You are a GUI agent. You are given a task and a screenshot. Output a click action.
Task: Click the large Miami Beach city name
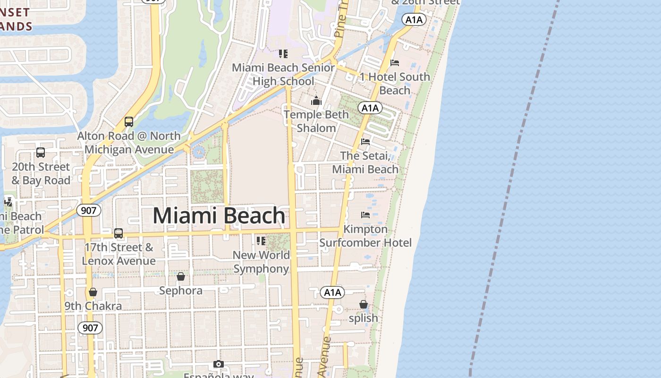tap(219, 216)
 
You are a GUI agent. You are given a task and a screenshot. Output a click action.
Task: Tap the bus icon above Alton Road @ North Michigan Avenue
tap(129, 122)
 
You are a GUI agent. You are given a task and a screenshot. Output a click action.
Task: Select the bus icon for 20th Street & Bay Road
tap(41, 153)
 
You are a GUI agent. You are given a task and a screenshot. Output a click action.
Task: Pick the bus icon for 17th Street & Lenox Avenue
tap(119, 233)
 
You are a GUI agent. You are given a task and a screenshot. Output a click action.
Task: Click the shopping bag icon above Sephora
tap(181, 276)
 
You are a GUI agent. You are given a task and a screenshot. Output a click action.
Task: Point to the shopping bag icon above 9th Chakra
tap(93, 292)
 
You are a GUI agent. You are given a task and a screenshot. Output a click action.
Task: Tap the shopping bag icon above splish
tap(363, 304)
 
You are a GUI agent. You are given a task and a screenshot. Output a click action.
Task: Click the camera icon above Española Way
tap(218, 364)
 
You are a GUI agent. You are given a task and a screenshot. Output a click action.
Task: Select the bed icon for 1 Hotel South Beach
tap(395, 63)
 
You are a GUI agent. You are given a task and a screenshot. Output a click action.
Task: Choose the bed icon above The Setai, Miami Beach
tap(365, 141)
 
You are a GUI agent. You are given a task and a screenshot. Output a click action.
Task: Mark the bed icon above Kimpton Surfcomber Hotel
tap(365, 215)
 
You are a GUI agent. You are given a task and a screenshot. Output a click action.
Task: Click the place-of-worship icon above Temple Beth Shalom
tap(316, 101)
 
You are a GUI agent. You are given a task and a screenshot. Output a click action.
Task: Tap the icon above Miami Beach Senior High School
tap(283, 54)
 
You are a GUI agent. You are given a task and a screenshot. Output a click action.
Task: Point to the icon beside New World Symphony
tap(261, 241)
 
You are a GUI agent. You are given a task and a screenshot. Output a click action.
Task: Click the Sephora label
tap(181, 291)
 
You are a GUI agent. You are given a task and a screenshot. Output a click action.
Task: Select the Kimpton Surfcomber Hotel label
tap(365, 236)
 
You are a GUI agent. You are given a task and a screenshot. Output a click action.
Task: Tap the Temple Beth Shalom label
tap(316, 121)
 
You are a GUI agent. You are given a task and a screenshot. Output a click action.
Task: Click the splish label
tap(363, 318)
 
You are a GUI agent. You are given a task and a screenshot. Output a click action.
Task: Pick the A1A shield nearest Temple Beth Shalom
tap(370, 108)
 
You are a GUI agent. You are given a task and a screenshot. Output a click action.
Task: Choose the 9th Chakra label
tap(93, 306)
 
